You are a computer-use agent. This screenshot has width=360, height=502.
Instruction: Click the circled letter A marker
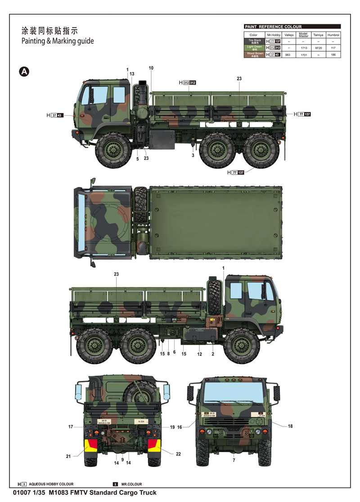(x=24, y=72)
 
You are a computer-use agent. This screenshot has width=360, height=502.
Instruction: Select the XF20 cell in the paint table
(x=318, y=47)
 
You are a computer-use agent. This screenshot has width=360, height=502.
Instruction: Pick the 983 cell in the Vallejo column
(x=289, y=54)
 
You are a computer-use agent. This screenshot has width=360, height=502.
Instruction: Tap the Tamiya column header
(x=318, y=35)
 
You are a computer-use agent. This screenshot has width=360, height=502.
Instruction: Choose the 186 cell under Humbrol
(x=333, y=54)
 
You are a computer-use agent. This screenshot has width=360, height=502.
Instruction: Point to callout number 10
(x=151, y=68)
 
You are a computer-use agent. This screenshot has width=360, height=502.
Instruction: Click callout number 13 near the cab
(x=132, y=74)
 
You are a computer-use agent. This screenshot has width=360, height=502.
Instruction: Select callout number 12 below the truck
(x=200, y=354)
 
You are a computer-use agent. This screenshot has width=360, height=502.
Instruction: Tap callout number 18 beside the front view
(x=290, y=426)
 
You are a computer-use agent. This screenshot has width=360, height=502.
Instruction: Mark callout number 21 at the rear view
(x=68, y=456)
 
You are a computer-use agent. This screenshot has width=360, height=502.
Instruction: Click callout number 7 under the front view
(x=234, y=460)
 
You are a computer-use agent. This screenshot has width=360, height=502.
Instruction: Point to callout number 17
(x=71, y=426)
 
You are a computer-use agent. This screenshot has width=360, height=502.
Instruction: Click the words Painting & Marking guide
(x=58, y=41)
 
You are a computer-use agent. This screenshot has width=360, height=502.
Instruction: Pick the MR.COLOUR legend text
(x=131, y=484)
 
